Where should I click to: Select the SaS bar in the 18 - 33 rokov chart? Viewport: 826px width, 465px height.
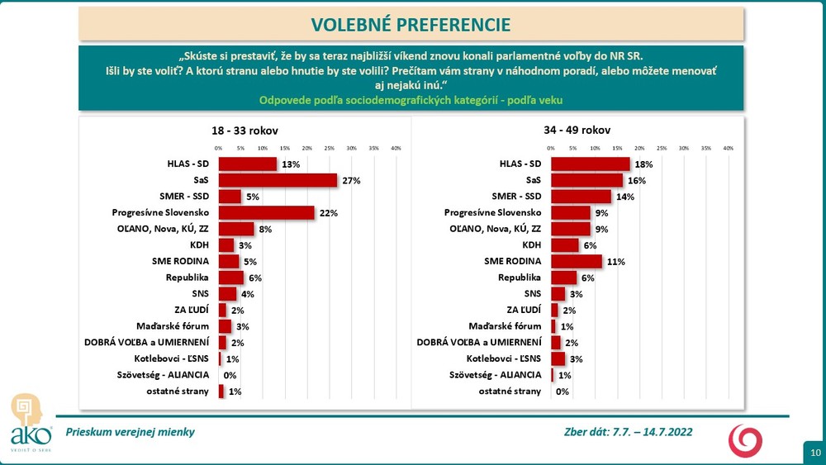point(278,180)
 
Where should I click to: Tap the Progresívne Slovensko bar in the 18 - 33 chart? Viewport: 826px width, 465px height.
point(266,212)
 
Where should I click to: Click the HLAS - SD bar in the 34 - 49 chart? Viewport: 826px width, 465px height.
point(590,164)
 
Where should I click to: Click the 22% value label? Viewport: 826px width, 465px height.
point(328,213)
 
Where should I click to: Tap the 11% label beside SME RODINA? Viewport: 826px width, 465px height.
point(615,262)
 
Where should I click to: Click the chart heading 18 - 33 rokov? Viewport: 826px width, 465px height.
point(245,130)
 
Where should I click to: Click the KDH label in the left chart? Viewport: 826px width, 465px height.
point(199,245)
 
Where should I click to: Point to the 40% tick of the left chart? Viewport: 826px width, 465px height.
point(396,148)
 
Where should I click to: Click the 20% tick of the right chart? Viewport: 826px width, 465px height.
point(639,148)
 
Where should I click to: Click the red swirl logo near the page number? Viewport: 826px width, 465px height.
point(745,440)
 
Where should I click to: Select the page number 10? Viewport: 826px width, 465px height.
point(815,452)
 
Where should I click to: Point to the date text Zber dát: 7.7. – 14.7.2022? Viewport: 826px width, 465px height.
point(627,432)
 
